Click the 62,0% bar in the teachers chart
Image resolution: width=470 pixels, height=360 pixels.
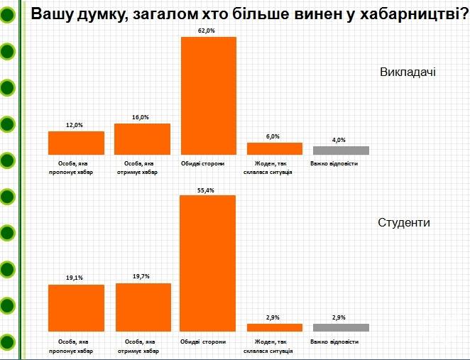click(x=209, y=95)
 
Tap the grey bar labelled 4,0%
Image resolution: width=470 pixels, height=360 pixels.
click(x=341, y=150)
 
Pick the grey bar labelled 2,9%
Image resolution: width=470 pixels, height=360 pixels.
click(x=341, y=327)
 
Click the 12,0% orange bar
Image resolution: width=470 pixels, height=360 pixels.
click(x=76, y=143)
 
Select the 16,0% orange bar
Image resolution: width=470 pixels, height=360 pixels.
click(x=142, y=138)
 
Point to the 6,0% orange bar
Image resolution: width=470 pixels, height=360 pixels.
click(x=275, y=148)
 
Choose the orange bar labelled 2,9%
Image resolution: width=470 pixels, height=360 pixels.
click(x=275, y=327)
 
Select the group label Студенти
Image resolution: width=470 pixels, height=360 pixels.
click(x=404, y=222)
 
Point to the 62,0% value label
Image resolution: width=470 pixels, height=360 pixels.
click(x=209, y=31)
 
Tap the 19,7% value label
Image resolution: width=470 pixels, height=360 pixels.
click(x=142, y=278)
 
